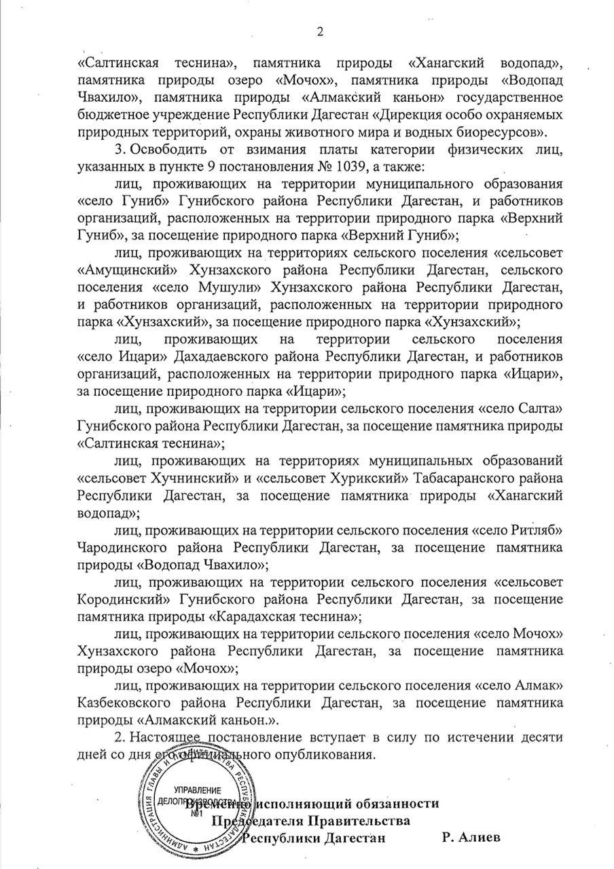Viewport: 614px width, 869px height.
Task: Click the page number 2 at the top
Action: pos(320,31)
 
